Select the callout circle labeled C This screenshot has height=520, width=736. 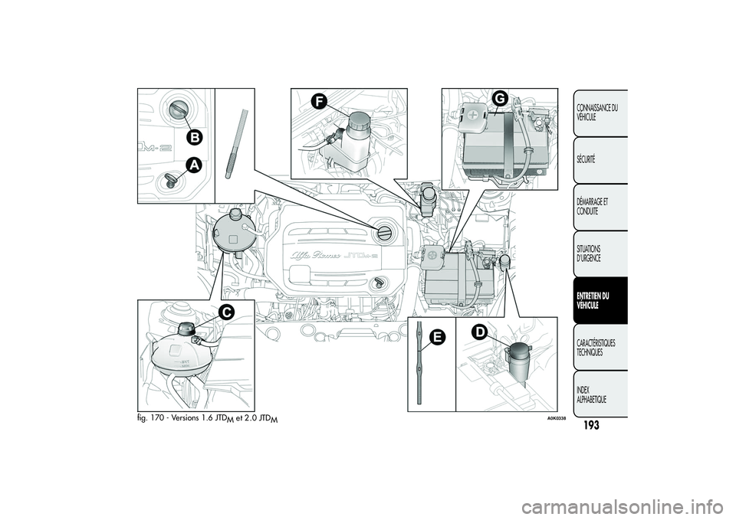click(225, 312)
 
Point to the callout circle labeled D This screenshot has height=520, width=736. click(478, 331)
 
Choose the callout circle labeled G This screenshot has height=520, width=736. click(500, 99)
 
